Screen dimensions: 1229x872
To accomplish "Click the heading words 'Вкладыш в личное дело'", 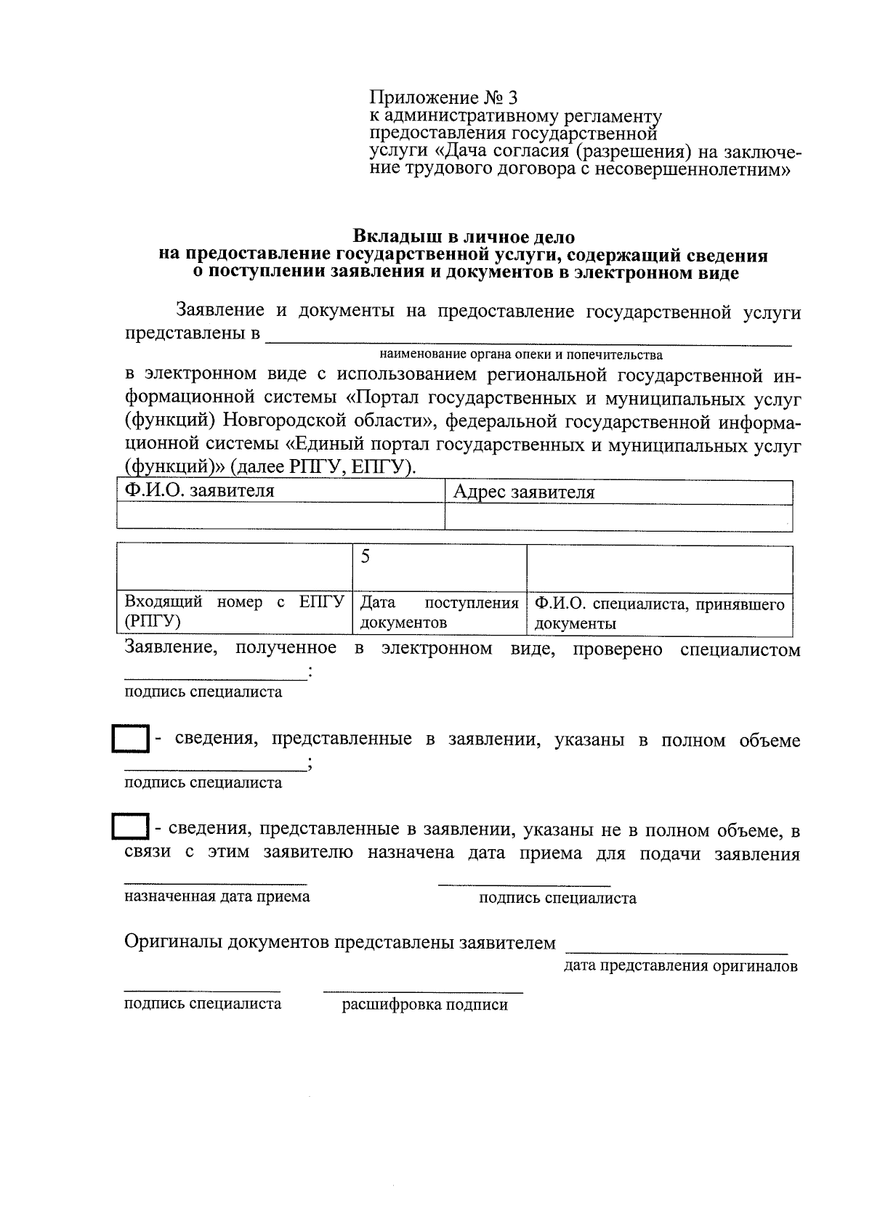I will click(x=463, y=237).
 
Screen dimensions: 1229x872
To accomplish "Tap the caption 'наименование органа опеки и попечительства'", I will click(x=520, y=355).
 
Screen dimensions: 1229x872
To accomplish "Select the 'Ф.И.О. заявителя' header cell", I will click(x=280, y=492).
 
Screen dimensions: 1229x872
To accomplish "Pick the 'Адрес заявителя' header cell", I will click(x=618, y=492).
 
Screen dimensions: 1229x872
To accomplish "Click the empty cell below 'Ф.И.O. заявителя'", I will click(x=280, y=517).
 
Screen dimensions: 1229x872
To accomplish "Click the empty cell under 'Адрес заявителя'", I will click(x=618, y=517).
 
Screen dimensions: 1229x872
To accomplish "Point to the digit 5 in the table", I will click(x=366, y=556).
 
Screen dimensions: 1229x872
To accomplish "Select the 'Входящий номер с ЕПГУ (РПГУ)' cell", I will click(x=234, y=612).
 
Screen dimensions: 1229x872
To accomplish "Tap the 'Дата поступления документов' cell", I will click(x=439, y=612).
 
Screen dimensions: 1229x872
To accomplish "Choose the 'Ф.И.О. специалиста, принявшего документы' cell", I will click(x=659, y=612).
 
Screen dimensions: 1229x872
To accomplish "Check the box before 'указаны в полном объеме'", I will click(x=131, y=740).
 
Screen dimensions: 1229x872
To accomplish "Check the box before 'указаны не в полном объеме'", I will click(x=131, y=827).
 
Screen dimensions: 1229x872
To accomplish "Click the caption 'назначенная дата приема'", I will click(x=217, y=896).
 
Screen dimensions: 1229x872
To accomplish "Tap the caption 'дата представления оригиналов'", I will click(x=680, y=966).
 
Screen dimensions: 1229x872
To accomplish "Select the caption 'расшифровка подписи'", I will click(x=424, y=1005).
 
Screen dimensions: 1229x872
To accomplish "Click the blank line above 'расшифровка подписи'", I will click(x=422, y=991).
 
